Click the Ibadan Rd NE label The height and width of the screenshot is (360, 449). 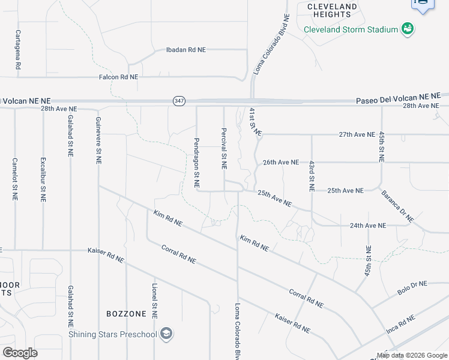pos(185,50)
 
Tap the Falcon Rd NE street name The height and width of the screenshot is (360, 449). pos(118,77)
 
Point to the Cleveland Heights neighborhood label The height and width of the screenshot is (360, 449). pos(332,11)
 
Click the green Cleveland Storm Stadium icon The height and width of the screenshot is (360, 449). pos(408,28)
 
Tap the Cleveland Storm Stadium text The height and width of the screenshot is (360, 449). pos(351,29)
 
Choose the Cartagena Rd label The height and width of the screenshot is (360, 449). pos(18,50)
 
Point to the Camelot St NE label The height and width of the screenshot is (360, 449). pos(15,179)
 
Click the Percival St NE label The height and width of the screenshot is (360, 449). pos(223,148)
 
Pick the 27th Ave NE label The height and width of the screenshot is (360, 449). pos(357,134)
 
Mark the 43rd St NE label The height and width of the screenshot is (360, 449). pos(312,176)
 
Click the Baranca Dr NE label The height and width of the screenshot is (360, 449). pos(397,206)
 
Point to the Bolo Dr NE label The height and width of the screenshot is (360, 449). pos(412,287)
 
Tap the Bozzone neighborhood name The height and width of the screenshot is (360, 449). pos(126,314)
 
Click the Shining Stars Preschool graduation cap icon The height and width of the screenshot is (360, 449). pos(167,334)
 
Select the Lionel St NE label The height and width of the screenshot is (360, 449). pos(154,301)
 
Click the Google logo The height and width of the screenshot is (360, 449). pos(20,352)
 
